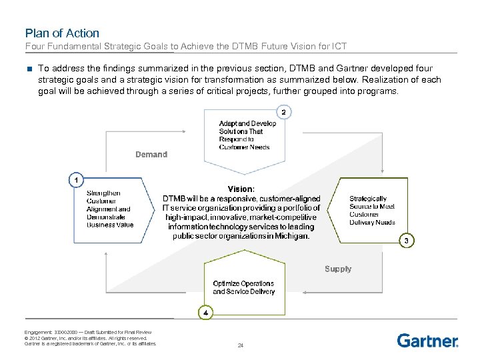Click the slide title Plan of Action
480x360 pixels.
[62, 33]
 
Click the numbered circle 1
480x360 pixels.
[77, 180]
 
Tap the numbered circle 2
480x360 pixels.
[284, 112]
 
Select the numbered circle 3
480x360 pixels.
[407, 240]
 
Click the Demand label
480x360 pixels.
[151, 155]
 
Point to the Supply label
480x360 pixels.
[338, 269]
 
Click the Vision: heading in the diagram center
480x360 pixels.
[241, 189]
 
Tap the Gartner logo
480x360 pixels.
[427, 341]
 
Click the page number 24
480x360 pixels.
[241, 345]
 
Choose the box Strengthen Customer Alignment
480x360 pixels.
[109, 209]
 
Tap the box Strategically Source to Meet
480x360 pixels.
[372, 210]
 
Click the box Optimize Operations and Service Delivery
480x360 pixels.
[243, 288]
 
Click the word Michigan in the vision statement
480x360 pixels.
[293, 236]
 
